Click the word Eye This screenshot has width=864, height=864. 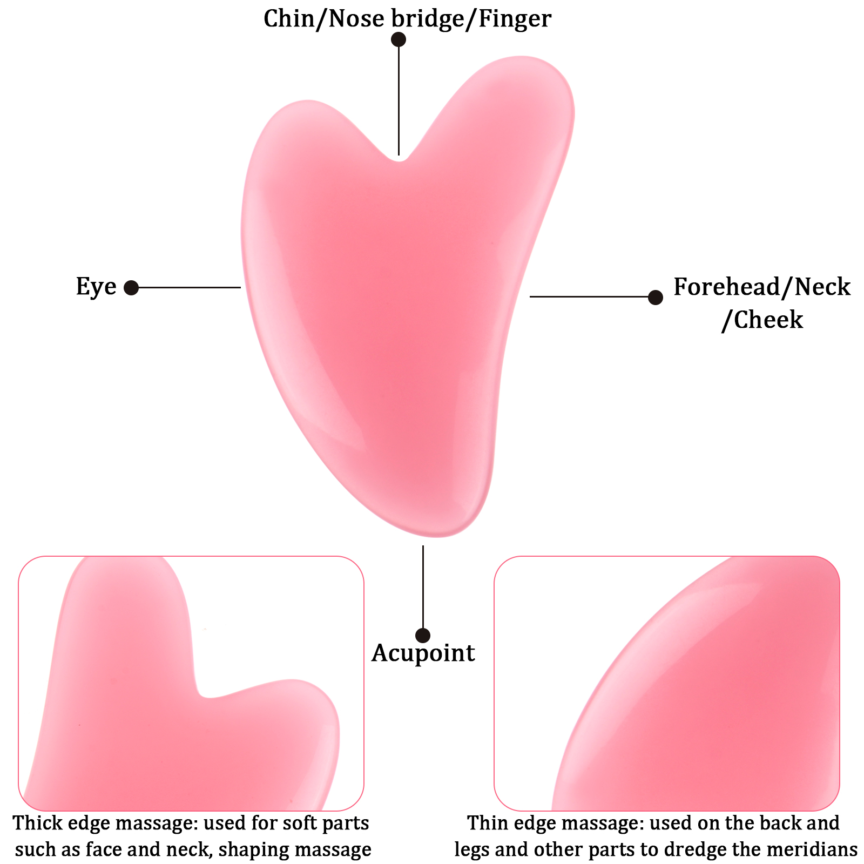96,287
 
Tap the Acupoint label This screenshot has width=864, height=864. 423,653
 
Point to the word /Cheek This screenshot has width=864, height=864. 762,320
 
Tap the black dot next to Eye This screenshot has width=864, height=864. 131,288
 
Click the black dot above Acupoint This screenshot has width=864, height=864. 423,635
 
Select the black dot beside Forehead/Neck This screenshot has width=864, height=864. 655,297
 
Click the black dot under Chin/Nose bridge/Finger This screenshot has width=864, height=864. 399,39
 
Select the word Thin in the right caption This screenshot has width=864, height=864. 488,823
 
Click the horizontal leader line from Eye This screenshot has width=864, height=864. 189,288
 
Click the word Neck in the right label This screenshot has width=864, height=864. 822,287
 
